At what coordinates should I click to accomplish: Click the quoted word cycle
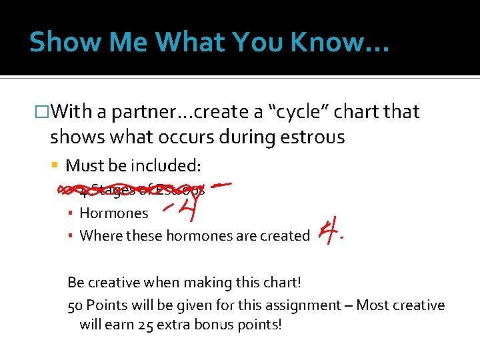point(289,111)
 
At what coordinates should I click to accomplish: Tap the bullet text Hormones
point(114,213)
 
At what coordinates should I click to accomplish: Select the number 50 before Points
point(75,305)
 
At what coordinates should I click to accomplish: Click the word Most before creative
point(374,305)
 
